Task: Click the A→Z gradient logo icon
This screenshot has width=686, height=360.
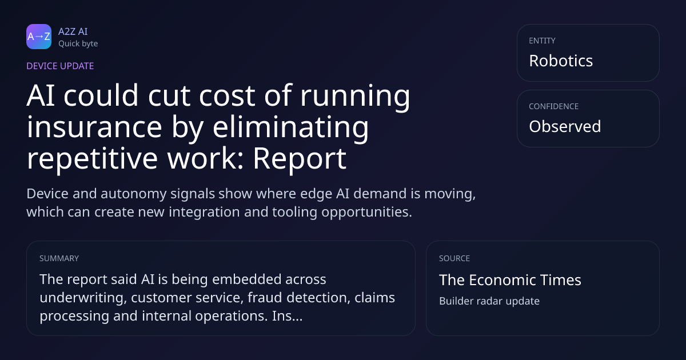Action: tap(39, 37)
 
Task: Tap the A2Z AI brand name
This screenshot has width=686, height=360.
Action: tap(73, 31)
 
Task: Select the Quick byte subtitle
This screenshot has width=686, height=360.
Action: tap(78, 44)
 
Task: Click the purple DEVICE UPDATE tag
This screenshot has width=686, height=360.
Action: tap(60, 66)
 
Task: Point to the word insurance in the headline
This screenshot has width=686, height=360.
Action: tap(94, 127)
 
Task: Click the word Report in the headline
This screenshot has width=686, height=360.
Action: tap(300, 159)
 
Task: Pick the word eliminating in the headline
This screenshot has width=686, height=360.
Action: tap(290, 128)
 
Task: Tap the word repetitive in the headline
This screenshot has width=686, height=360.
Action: tap(92, 159)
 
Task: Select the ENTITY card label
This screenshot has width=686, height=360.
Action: tap(542, 41)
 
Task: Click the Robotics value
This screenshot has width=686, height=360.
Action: tap(561, 61)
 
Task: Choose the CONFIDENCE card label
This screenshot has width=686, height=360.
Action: tap(554, 106)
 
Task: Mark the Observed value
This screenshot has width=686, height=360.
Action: tap(565, 126)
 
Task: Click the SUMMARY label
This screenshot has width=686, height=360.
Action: tap(59, 258)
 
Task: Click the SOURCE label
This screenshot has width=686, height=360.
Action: tap(454, 258)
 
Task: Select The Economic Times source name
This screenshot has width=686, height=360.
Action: tap(510, 280)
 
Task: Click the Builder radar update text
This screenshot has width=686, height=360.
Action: tap(489, 301)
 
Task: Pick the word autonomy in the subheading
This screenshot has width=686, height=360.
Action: tap(133, 194)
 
